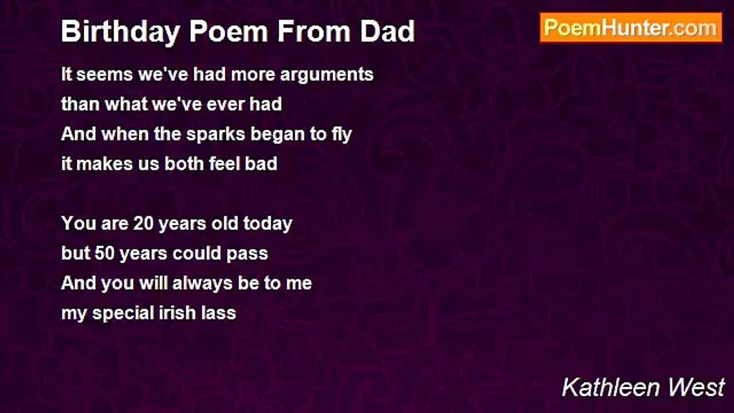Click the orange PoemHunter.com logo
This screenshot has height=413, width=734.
631,28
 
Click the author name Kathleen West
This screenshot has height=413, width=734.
643,387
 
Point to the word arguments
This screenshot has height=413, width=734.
327,75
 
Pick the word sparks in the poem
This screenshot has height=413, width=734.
216,134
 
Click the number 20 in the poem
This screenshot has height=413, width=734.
143,224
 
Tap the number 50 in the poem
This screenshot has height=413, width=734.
104,254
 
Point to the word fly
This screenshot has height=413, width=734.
342,134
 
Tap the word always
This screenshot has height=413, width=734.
202,284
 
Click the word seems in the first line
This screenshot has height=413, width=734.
105,75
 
